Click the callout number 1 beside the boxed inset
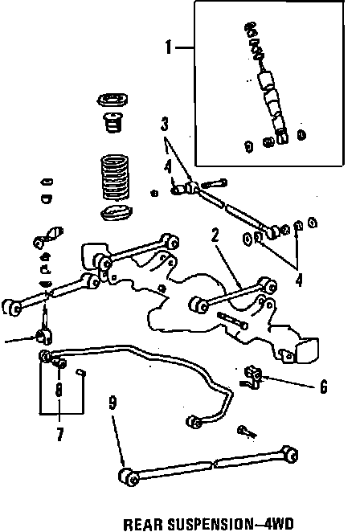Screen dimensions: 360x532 click(169, 47)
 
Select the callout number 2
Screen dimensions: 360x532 click(215, 235)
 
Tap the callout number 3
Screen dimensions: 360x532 click(165, 125)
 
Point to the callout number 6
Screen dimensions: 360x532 click(323, 387)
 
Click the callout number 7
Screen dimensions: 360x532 click(59, 434)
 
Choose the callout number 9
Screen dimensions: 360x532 click(113, 403)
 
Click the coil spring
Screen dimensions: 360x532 click(116, 178)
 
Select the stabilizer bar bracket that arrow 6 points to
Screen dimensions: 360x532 click(252, 377)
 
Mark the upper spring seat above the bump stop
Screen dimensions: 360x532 click(113, 100)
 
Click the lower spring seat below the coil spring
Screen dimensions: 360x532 click(116, 212)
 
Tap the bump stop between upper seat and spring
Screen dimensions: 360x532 click(112, 122)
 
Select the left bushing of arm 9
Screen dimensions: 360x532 click(129, 477)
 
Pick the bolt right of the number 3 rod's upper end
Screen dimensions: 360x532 click(214, 183)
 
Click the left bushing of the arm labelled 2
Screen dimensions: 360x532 click(198, 305)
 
